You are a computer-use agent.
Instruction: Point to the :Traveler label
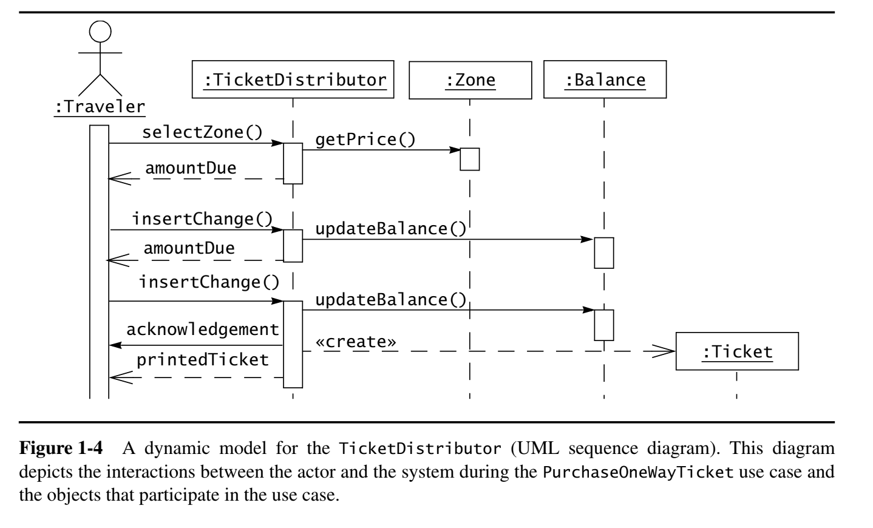coord(100,107)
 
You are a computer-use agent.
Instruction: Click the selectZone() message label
coord(202,132)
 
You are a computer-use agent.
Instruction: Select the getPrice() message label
coord(365,140)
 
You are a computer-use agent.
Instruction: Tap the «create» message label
coord(355,342)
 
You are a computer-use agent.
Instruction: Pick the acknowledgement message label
coord(203,330)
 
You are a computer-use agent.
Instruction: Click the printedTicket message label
coord(203,360)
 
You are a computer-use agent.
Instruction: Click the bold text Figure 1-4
coord(61,448)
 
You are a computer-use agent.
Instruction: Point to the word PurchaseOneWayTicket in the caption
coord(639,472)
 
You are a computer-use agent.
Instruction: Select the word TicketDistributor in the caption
coord(420,448)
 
